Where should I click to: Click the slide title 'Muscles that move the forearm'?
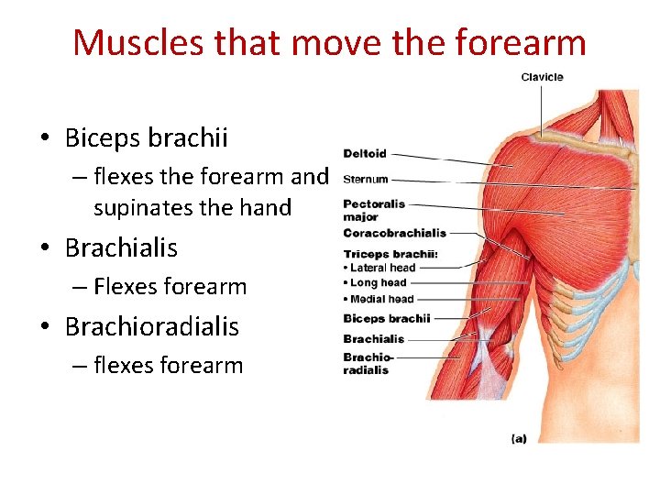[329, 42]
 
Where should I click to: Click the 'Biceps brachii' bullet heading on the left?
[146, 138]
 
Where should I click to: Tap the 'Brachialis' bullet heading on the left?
[121, 247]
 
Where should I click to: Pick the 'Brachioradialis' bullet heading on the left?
[151, 326]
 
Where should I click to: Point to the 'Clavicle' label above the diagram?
[542, 77]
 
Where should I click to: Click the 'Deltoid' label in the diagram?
[365, 154]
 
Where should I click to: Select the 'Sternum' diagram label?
[366, 180]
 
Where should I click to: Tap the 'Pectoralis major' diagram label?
[373, 210]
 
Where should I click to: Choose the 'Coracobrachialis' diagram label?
[394, 234]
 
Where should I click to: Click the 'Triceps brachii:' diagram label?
[390, 254]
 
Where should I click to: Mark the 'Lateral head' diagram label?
[382, 268]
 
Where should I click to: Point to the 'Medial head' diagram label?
[381, 299]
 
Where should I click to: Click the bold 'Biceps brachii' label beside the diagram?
[386, 319]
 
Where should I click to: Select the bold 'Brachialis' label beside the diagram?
[373, 339]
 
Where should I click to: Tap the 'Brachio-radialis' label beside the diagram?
[368, 364]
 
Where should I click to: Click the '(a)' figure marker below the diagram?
[519, 439]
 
